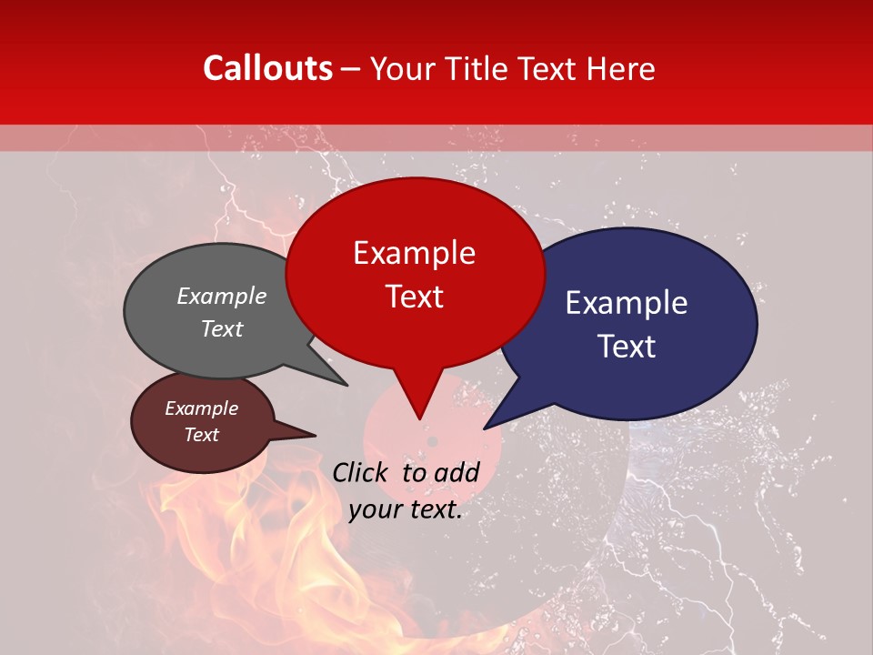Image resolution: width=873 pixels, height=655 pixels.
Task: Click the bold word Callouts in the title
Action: coord(267,68)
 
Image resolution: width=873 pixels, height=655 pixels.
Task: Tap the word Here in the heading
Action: coord(621,68)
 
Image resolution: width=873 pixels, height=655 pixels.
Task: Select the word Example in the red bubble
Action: coord(414,253)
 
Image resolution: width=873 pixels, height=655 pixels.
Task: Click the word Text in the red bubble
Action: coord(414,297)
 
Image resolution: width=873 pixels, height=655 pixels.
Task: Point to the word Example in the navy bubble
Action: coord(627,303)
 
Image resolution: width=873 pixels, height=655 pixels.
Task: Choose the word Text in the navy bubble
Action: coord(627,347)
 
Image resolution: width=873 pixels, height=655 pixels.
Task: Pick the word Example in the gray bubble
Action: coord(222,296)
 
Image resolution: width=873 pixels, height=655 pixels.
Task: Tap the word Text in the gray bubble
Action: coord(222,328)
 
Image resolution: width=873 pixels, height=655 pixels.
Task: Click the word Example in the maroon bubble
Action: coord(201,408)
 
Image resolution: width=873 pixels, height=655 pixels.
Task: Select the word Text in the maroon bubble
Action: coord(201,435)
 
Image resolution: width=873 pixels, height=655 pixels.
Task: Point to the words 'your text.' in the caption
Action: coord(406,510)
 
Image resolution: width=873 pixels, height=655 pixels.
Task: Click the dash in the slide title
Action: coord(352,68)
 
